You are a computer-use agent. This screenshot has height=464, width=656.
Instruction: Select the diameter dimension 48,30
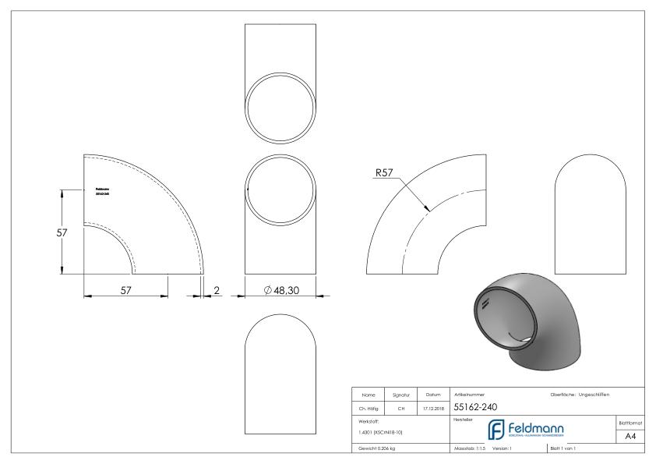coord(282,290)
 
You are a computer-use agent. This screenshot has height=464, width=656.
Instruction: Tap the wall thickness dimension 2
coord(217,290)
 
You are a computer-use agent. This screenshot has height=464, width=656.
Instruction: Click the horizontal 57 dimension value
coord(125,290)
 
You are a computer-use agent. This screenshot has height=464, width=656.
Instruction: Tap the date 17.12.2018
coord(433,407)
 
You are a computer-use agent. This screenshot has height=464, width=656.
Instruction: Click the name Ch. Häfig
coord(368,407)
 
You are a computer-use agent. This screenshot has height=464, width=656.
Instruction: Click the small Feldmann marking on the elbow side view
coord(101,191)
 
